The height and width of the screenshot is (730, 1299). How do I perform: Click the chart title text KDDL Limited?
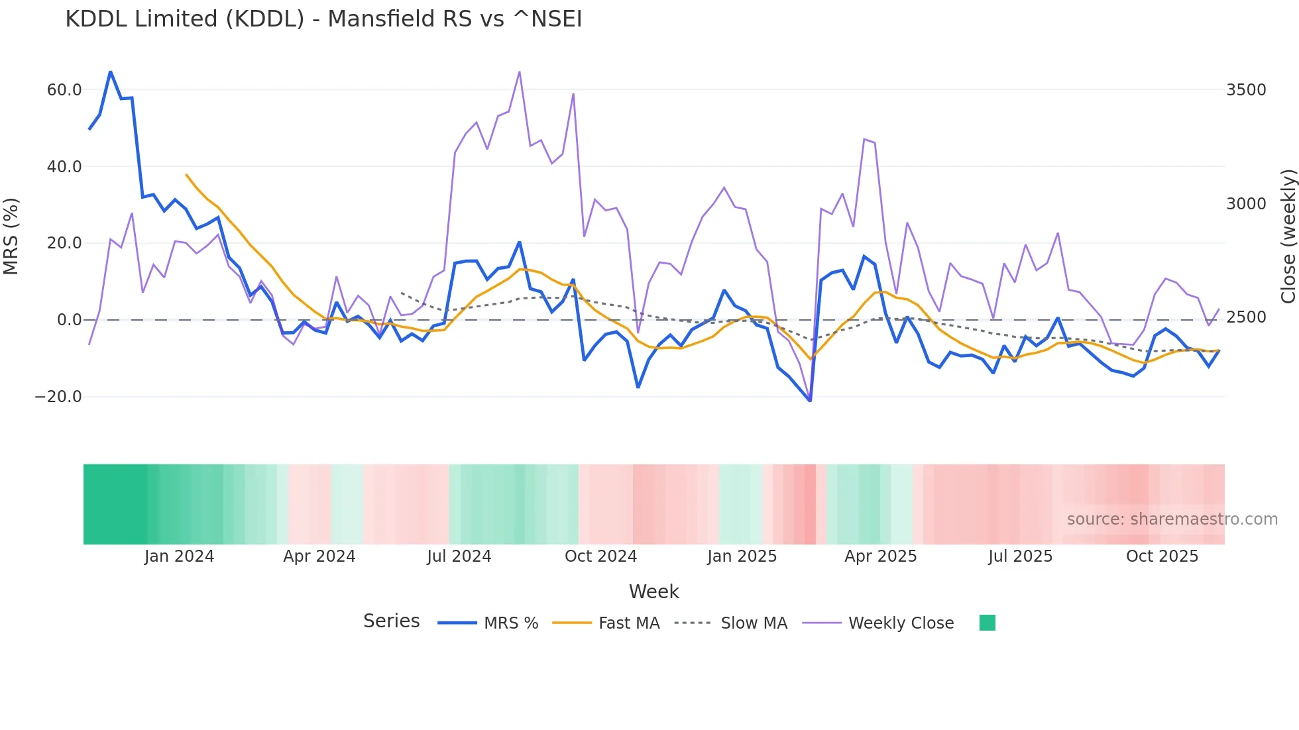[323, 19]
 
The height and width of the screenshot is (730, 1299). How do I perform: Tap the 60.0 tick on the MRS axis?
[64, 90]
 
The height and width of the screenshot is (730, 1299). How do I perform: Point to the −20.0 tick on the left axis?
[58, 397]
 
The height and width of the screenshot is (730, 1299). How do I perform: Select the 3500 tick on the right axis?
[1245, 90]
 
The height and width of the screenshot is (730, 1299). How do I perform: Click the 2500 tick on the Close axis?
[1245, 317]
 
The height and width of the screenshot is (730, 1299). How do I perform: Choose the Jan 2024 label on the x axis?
[179, 556]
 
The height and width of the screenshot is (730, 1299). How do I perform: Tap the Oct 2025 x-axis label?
[1162, 556]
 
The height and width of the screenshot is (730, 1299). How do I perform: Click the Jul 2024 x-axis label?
[459, 556]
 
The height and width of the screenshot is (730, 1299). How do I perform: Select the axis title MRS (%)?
[11, 236]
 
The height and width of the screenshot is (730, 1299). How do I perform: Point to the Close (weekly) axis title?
[1287, 236]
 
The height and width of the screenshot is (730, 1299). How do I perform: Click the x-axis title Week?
[653, 592]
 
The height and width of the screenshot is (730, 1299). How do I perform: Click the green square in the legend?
[987, 623]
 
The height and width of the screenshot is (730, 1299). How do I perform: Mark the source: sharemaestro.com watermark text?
[1172, 519]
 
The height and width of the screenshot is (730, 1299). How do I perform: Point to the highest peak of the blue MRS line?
[111, 72]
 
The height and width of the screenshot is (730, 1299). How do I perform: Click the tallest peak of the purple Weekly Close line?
[520, 72]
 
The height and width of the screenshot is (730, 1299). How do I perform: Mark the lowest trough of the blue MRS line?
[810, 401]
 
